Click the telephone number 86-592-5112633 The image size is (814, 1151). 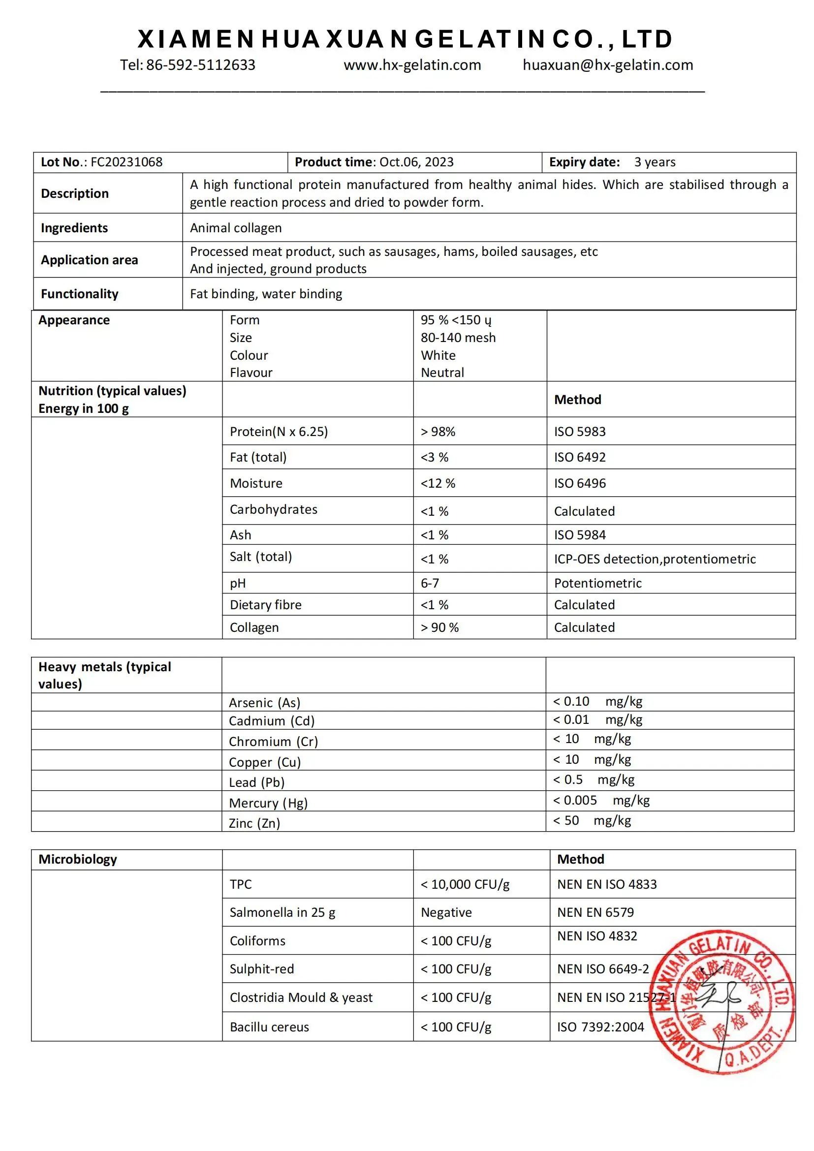200,65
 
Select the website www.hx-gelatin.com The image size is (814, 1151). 412,65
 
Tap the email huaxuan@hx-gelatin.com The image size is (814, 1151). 607,65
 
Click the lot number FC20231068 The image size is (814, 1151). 126,162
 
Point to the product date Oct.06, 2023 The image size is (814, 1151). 416,162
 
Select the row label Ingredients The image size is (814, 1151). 74,228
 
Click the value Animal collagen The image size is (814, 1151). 236,228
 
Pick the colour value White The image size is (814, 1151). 438,355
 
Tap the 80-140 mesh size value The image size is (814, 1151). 458,338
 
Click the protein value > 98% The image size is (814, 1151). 438,432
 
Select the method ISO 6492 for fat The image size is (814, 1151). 579,457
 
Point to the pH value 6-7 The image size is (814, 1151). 430,583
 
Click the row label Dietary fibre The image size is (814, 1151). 266,605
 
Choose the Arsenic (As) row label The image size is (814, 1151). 264,703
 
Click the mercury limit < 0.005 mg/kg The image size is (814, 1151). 601,800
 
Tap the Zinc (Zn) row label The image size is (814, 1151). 254,823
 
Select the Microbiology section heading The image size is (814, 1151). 78,859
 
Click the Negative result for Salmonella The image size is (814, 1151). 446,912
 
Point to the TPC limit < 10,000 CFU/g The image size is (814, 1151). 465,884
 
